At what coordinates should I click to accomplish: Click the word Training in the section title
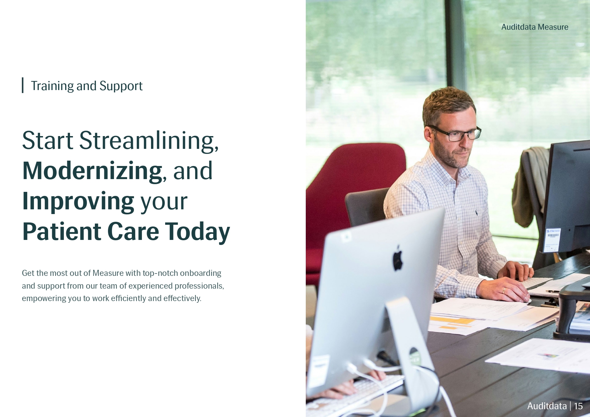pyautogui.click(x=52, y=86)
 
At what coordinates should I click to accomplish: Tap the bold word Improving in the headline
pyautogui.click(x=78, y=201)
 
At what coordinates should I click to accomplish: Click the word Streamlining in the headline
pyautogui.click(x=149, y=140)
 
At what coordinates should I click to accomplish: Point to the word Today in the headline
pyautogui.click(x=197, y=232)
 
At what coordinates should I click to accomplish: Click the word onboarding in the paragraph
pyautogui.click(x=200, y=273)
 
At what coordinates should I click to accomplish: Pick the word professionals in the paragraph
pyautogui.click(x=199, y=286)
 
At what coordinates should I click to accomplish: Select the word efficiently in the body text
pyautogui.click(x=128, y=298)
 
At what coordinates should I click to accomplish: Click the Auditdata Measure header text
pyautogui.click(x=535, y=27)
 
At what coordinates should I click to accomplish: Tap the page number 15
pyautogui.click(x=578, y=406)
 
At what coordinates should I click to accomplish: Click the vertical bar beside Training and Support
pyautogui.click(x=23, y=85)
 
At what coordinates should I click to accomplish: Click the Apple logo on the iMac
pyautogui.click(x=398, y=258)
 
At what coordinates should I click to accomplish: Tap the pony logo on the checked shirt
pyautogui.click(x=476, y=212)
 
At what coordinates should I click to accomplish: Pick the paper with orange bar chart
pyautogui.click(x=457, y=323)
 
